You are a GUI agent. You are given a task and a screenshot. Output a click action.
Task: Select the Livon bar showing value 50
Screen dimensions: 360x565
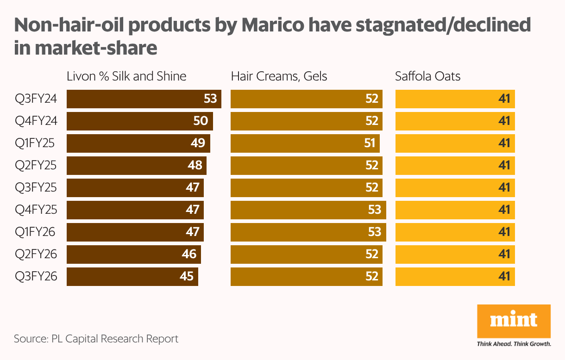[139, 121]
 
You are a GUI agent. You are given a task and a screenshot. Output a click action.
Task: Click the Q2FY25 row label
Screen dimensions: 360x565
[36, 166]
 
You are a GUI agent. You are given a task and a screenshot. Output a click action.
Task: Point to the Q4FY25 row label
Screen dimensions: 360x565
[36, 210]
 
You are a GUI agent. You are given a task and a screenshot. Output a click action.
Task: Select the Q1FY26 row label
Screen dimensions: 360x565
[35, 232]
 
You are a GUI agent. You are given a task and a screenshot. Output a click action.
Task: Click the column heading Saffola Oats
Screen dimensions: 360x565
[427, 76]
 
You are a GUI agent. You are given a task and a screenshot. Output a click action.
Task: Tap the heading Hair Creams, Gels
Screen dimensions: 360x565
[279, 76]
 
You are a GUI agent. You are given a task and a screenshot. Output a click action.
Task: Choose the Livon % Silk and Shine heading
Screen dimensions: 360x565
[126, 76]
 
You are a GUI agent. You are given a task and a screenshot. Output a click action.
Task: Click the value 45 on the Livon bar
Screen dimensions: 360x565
[186, 277]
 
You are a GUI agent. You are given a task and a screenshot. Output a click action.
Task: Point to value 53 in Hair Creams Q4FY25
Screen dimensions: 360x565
[374, 210]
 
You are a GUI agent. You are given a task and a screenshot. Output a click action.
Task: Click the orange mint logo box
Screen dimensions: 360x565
[514, 321]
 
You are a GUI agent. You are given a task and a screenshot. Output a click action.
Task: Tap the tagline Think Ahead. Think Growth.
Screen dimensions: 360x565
[514, 344]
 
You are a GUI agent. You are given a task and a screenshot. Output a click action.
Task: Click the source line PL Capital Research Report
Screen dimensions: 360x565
[96, 339]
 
